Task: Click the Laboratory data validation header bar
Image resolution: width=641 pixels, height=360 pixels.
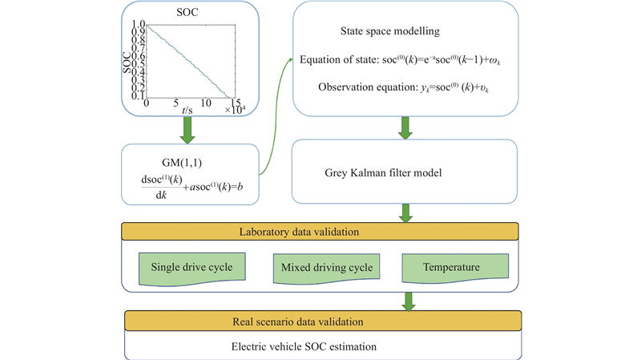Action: point(320,233)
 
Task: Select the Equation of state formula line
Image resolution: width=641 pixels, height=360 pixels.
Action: point(405,61)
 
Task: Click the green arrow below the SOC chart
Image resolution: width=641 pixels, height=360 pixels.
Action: point(187,130)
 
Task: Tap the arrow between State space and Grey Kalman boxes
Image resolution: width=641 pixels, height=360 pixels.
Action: point(405,127)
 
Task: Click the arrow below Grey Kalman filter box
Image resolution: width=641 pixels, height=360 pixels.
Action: point(405,213)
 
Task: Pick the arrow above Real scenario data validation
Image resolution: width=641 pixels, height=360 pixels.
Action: point(409,301)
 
